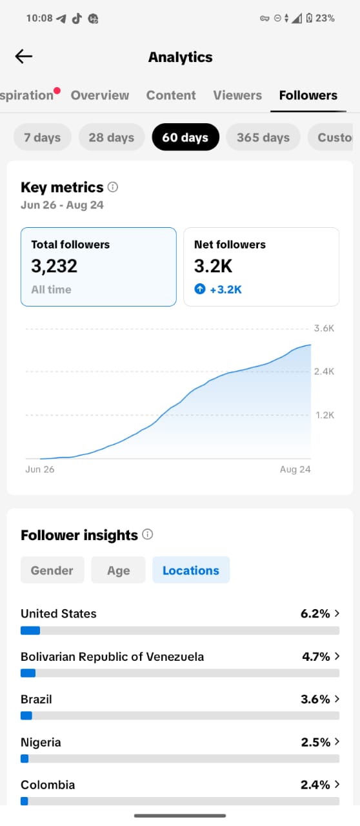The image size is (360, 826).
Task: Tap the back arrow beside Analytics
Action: coord(24,56)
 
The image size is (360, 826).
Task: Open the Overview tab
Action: coord(100,95)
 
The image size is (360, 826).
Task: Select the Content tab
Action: coord(171,95)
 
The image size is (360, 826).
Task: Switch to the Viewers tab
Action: coord(237,95)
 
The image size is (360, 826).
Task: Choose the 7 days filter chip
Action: coord(43,137)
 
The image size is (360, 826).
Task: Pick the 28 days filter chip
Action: coord(112,137)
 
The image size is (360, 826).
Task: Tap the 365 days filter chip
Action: coord(263,137)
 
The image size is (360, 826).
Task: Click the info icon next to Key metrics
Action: coord(113,187)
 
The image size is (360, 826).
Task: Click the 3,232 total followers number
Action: coord(54,266)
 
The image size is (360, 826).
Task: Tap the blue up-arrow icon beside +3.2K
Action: coord(200,288)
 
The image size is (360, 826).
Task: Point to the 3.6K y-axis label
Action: coord(324,328)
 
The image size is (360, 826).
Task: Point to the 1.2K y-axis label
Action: coord(325,415)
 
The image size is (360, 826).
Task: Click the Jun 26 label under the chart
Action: coord(40,469)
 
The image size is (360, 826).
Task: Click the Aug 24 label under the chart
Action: coord(295,469)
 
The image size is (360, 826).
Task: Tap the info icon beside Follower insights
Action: coord(148,534)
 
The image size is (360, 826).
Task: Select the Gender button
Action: coord(52,570)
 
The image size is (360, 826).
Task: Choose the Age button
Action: coord(119,570)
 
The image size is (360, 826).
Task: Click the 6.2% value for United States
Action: coord(315,614)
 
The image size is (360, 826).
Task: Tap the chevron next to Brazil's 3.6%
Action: coord(337,699)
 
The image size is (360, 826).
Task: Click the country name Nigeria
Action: coord(41,742)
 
